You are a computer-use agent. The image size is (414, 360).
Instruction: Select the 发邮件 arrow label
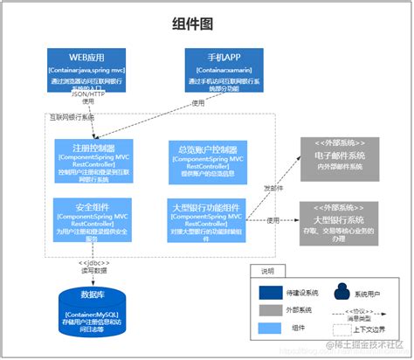pos(273,186)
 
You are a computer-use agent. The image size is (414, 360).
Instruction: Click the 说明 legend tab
pos(266,271)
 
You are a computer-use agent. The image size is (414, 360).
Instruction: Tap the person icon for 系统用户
pos(340,290)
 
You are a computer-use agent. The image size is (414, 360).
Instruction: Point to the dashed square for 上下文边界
pos(340,329)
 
